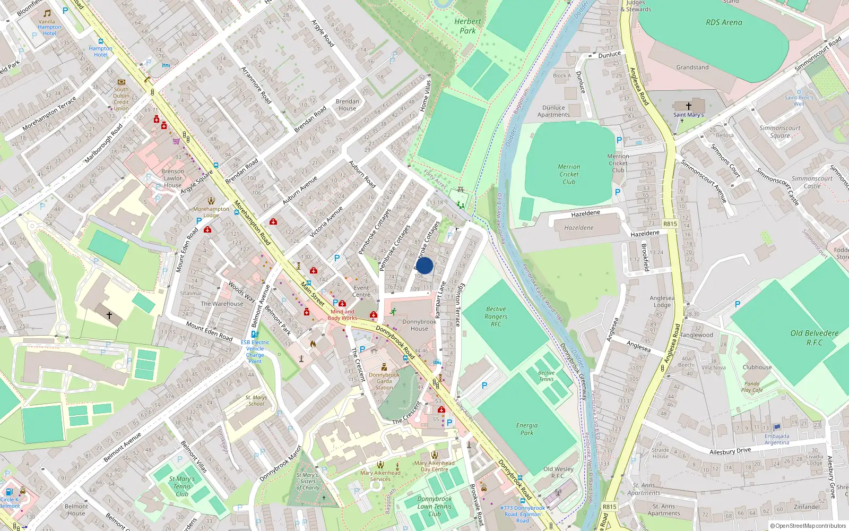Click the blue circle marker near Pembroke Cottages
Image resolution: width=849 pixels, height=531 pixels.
pyautogui.click(x=424, y=265)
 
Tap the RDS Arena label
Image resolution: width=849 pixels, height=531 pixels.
pyautogui.click(x=724, y=22)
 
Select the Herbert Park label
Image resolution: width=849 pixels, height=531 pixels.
pyautogui.click(x=467, y=26)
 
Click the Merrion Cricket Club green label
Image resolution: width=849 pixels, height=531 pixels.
pyautogui.click(x=569, y=174)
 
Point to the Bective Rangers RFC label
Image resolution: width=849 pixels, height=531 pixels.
pyautogui.click(x=496, y=316)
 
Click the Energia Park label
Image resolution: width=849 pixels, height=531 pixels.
pyautogui.click(x=527, y=429)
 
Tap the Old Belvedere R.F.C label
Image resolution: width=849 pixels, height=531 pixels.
pyautogui.click(x=815, y=338)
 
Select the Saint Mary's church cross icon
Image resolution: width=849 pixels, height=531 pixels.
pyautogui.click(x=689, y=106)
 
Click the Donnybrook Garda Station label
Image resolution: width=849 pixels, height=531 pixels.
pyautogui.click(x=384, y=381)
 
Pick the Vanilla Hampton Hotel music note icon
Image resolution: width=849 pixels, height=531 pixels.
pyautogui.click(x=47, y=13)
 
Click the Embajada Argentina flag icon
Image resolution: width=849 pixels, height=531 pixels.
pyautogui.click(x=777, y=427)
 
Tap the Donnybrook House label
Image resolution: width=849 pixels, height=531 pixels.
pyautogui.click(x=419, y=325)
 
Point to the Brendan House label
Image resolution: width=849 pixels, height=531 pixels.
pyautogui.click(x=348, y=105)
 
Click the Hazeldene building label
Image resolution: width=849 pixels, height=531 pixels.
pyautogui.click(x=579, y=228)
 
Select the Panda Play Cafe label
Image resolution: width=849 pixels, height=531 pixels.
pyautogui.click(x=752, y=387)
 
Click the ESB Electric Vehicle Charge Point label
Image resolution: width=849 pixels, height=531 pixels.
pyautogui.click(x=255, y=352)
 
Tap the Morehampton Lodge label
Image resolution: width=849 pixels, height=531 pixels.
pyautogui.click(x=211, y=212)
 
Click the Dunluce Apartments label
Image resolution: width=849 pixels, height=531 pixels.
pyautogui.click(x=553, y=111)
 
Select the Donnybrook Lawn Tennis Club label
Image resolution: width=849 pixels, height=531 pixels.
pyautogui.click(x=435, y=506)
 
